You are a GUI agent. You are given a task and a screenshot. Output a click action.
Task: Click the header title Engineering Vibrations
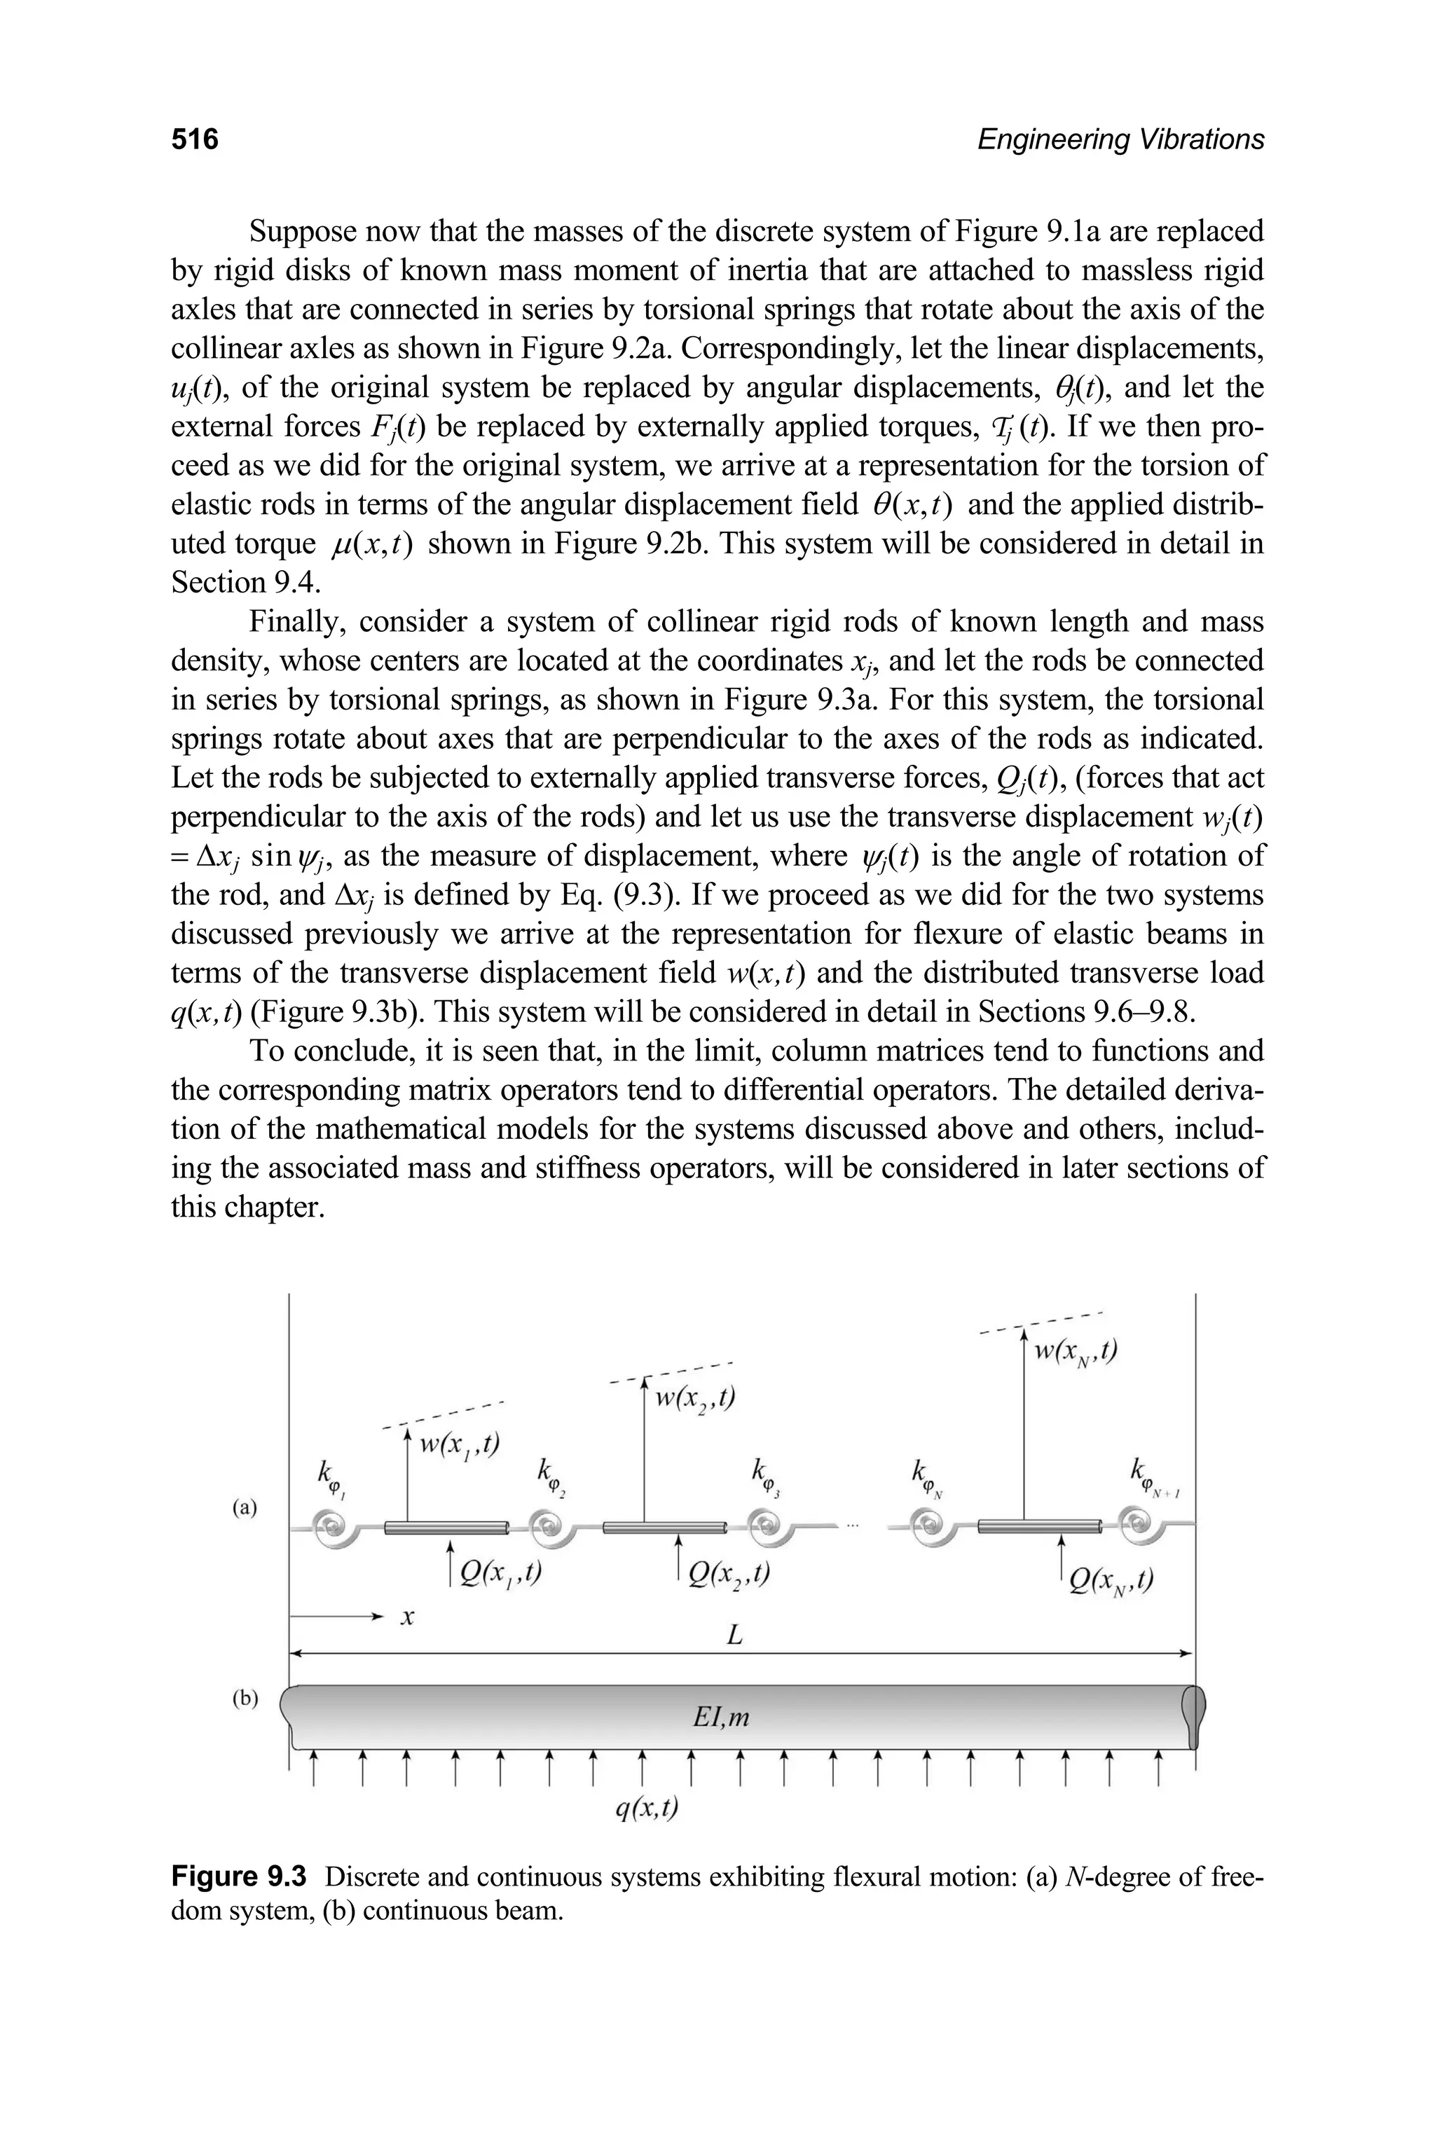point(1120,139)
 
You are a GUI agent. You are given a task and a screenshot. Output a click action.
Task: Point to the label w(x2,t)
point(696,1399)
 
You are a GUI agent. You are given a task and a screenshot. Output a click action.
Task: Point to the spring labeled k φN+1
point(1139,1524)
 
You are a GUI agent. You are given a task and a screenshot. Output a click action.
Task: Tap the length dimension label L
point(734,1635)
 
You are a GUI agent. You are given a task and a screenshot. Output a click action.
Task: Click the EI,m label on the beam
point(721,1718)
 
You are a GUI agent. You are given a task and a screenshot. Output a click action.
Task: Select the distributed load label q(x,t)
point(647,1808)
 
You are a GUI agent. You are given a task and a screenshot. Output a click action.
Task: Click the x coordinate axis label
point(408,1618)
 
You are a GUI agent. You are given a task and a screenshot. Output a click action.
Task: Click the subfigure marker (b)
point(245,1698)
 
